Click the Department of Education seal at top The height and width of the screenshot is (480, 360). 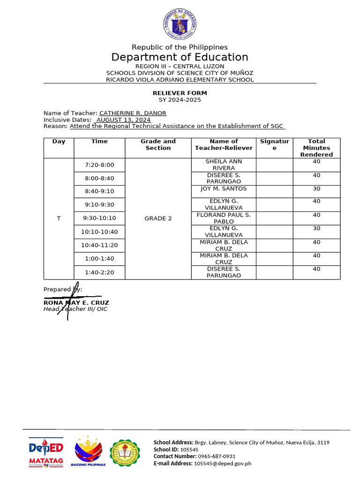(180, 24)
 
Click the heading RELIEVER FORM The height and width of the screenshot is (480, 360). (180, 93)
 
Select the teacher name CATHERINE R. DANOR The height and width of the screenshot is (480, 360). (133, 113)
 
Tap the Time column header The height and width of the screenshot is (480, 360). (99, 141)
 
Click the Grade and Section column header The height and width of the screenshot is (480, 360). (158, 144)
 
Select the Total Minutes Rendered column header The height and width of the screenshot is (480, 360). (316, 148)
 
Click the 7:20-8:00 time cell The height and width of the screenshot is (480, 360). (99, 165)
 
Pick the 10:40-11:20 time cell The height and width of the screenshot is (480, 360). (99, 245)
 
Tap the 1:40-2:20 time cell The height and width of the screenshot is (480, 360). (99, 272)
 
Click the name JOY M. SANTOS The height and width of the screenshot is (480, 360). (224, 188)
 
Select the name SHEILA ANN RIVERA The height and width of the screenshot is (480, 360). (224, 165)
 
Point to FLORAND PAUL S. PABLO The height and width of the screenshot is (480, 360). (224, 218)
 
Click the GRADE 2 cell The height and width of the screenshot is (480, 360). (158, 218)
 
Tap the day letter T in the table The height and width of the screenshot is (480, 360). (59, 218)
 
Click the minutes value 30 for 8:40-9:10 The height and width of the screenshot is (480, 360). (316, 188)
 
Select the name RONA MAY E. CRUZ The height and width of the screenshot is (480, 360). (76, 303)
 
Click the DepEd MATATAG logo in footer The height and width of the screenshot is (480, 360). (46, 452)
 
